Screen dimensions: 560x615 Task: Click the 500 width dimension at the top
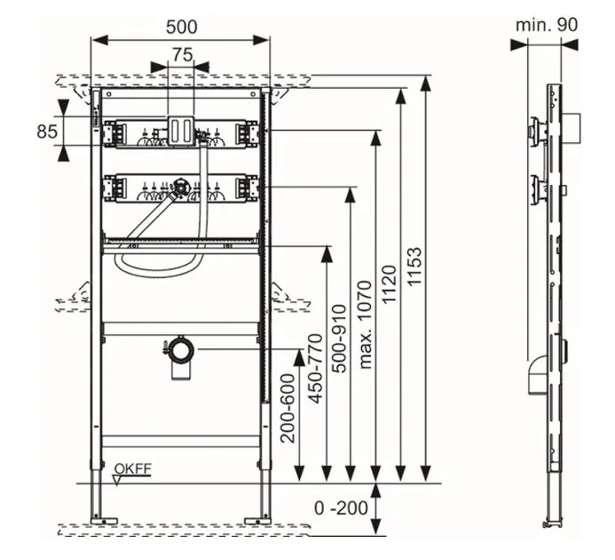[182, 27]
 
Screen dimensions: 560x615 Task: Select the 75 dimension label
[182, 54]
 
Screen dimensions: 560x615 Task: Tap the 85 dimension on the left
[47, 131]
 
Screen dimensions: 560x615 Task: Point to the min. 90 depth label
[547, 24]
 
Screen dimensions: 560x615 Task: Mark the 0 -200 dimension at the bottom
[341, 509]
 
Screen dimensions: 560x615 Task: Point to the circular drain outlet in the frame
[181, 348]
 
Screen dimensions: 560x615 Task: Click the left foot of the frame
[99, 516]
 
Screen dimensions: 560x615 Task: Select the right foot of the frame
[263, 516]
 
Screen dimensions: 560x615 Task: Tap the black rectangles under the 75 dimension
[181, 128]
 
